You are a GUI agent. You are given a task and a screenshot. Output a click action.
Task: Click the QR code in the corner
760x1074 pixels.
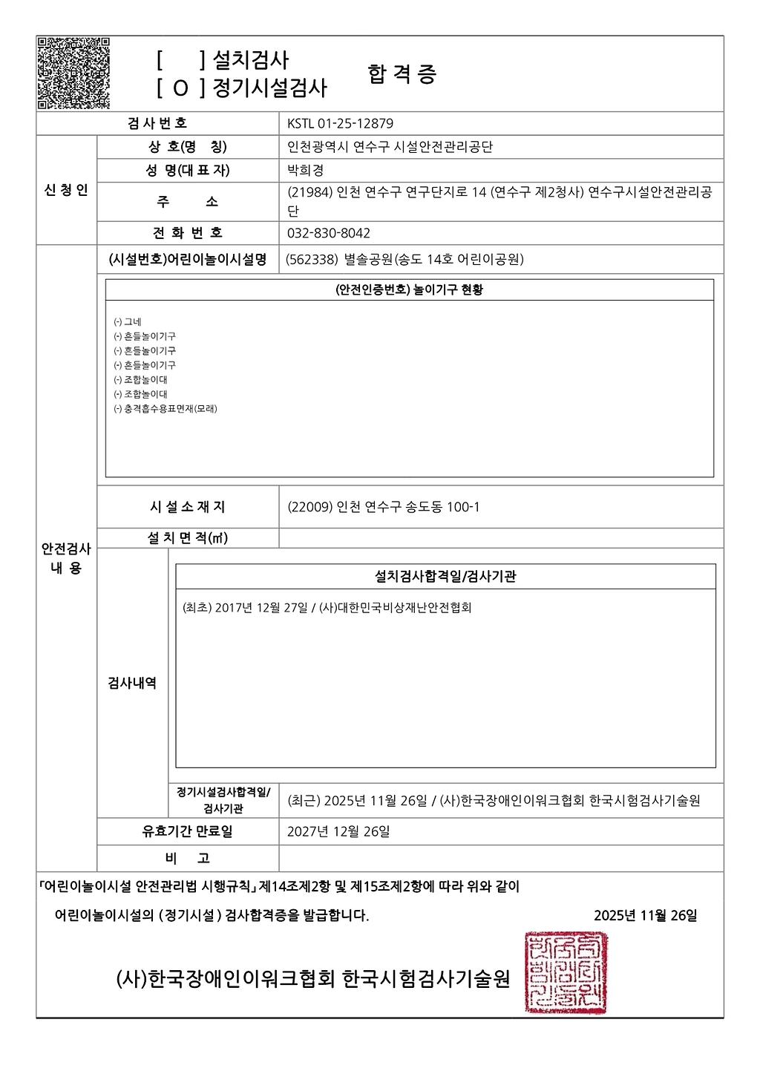(x=73, y=72)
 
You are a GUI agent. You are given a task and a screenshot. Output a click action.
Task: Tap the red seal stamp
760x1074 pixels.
(x=566, y=972)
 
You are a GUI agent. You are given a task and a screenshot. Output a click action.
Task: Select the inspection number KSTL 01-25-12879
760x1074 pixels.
(x=340, y=123)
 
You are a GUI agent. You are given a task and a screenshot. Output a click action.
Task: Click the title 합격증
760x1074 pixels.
(x=402, y=74)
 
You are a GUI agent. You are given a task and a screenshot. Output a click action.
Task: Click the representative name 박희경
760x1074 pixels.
(x=305, y=170)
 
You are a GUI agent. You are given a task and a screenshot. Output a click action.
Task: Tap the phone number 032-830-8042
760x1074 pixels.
(x=328, y=233)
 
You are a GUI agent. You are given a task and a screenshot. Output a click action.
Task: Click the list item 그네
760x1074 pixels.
(x=132, y=322)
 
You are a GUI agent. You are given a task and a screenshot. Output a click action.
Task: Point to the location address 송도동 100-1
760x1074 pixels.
(x=443, y=507)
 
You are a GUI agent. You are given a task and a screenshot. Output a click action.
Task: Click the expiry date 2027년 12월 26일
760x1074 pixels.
(x=338, y=831)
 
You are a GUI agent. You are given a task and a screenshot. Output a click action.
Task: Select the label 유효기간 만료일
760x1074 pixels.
(x=187, y=831)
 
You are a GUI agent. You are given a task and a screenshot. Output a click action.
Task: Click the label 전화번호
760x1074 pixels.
(x=187, y=233)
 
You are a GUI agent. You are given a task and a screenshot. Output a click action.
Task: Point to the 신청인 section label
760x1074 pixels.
(x=66, y=190)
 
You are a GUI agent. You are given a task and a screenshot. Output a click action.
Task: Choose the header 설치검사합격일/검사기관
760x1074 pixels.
(x=445, y=576)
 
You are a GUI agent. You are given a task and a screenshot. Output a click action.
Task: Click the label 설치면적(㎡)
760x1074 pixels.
(x=187, y=538)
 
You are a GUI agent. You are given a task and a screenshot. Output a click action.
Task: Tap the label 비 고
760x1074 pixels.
(x=187, y=858)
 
